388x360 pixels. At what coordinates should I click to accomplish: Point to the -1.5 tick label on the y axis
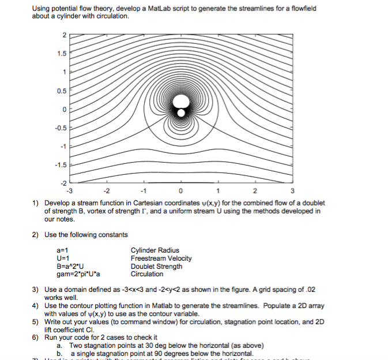click(61, 164)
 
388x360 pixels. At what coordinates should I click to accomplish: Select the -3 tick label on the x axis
click(70, 191)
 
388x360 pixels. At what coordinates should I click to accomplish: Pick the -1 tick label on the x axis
click(144, 191)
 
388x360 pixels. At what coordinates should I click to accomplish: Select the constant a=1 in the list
click(63, 250)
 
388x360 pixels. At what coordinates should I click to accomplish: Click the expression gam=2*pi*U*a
click(79, 274)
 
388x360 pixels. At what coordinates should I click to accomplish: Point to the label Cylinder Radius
click(155, 250)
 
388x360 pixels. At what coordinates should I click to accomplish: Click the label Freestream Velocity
click(161, 258)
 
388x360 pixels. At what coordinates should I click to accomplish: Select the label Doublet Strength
click(157, 267)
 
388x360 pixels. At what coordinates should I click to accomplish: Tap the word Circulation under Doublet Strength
click(148, 274)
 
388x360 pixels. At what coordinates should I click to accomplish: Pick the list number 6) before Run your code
click(35, 337)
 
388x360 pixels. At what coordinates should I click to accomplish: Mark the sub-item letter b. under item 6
click(59, 353)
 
